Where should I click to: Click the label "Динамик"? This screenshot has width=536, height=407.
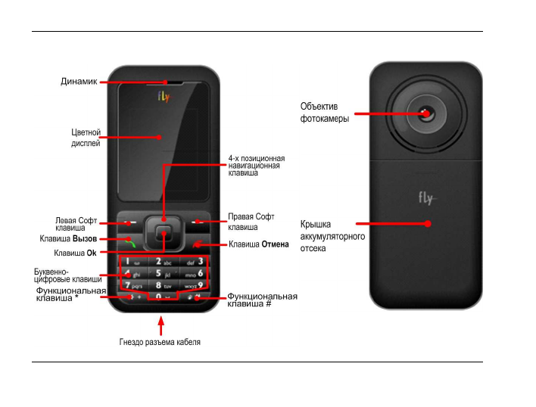pyautogui.click(x=79, y=82)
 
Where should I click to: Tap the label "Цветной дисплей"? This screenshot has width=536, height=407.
pyautogui.click(x=86, y=137)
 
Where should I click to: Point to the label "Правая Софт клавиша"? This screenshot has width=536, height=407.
pyautogui.click(x=251, y=222)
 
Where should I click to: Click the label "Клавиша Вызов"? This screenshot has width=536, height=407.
pyautogui.click(x=68, y=238)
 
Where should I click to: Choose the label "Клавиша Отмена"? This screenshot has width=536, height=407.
pyautogui.click(x=259, y=244)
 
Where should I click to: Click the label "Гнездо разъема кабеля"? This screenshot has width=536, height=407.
pyautogui.click(x=160, y=343)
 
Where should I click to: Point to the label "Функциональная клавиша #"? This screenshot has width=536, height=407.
pyautogui.click(x=262, y=300)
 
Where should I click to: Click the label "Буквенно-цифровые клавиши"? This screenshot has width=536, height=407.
pyautogui.click(x=68, y=275)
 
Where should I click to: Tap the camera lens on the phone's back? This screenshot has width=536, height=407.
pyautogui.click(x=425, y=114)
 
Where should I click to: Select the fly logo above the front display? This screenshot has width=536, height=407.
pyautogui.click(x=164, y=96)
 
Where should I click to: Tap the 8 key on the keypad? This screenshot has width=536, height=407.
pyautogui.click(x=163, y=285)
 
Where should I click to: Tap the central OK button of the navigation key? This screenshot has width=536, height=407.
pyautogui.click(x=164, y=234)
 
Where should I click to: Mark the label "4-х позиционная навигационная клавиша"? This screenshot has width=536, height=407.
pyautogui.click(x=254, y=166)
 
